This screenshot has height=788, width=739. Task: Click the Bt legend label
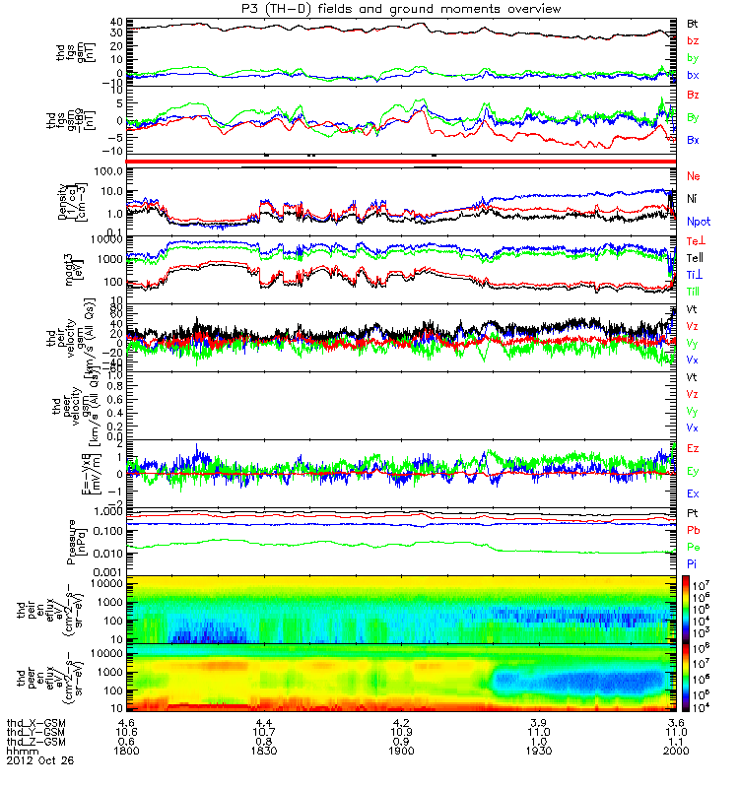(x=694, y=21)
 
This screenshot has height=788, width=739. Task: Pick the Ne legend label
(x=694, y=175)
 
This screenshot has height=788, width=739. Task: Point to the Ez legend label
(x=694, y=448)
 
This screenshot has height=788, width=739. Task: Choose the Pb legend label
(x=694, y=531)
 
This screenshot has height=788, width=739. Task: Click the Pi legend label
(x=693, y=564)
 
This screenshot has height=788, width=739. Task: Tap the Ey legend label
(x=694, y=471)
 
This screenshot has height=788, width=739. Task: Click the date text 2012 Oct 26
(x=34, y=761)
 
